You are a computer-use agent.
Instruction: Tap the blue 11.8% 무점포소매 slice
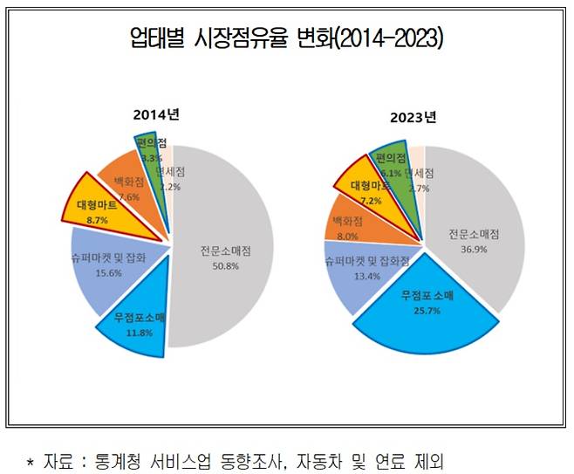pyautogui.click(x=128, y=326)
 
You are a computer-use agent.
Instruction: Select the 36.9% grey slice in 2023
pyautogui.click(x=475, y=236)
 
